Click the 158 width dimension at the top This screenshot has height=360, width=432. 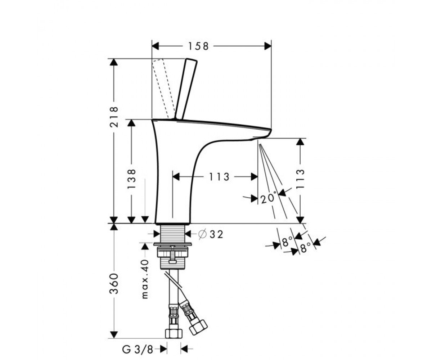point(198,46)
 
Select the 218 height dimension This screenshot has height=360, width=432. point(114,117)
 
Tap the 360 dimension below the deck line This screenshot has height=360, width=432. point(114,284)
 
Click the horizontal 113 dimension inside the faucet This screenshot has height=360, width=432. point(219,177)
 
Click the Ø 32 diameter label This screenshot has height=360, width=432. point(211,234)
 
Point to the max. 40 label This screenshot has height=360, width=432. point(145,279)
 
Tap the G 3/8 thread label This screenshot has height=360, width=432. point(138,350)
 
